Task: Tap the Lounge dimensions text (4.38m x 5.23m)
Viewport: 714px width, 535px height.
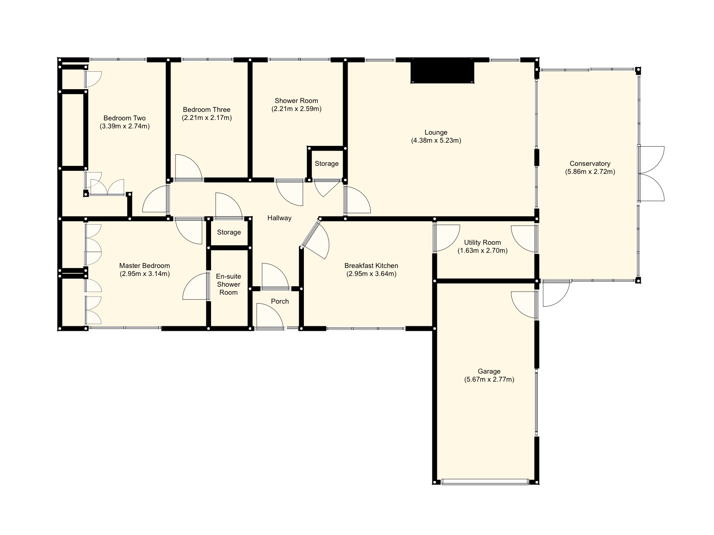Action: (436, 140)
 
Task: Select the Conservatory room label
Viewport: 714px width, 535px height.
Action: (589, 164)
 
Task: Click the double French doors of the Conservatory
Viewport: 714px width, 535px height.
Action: (652, 173)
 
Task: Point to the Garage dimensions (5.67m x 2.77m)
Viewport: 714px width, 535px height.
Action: (489, 379)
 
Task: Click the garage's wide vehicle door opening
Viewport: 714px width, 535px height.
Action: (485, 481)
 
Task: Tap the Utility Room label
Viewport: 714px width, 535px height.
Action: (482, 243)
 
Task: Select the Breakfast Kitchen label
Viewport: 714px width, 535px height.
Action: (371, 266)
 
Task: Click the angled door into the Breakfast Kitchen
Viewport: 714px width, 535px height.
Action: (316, 240)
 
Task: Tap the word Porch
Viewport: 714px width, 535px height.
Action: (280, 301)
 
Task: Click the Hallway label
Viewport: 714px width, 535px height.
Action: (279, 218)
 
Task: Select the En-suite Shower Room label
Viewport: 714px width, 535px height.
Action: (228, 284)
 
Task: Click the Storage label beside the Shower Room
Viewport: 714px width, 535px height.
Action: (327, 164)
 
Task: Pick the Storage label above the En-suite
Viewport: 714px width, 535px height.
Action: (229, 232)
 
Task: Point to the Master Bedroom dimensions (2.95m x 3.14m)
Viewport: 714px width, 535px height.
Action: (145, 274)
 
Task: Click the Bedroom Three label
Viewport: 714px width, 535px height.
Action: (207, 110)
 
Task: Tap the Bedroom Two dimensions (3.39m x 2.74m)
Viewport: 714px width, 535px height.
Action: (125, 126)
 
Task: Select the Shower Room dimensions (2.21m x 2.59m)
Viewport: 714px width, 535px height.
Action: (296, 109)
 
